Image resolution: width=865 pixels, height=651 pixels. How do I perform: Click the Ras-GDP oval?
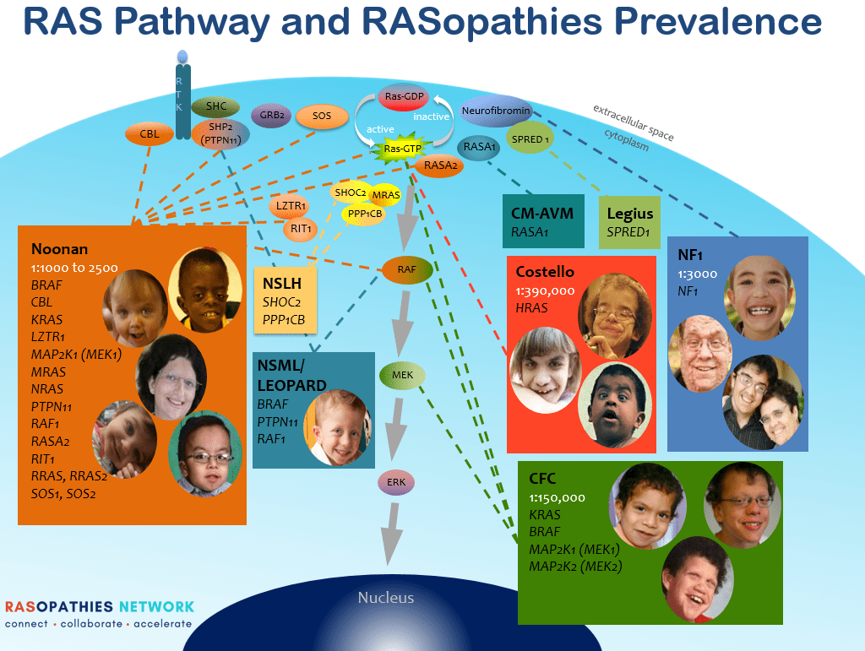coord(404,96)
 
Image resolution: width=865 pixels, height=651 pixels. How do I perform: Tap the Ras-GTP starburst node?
coord(403,149)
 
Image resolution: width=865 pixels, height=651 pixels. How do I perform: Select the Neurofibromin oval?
coord(495,111)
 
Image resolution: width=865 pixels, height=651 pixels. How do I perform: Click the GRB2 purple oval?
coord(271,116)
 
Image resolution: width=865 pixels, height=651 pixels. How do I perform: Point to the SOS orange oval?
coord(322,117)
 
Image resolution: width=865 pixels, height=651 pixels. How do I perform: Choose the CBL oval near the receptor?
coord(150,134)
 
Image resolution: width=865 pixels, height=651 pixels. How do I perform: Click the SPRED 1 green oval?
coord(530,139)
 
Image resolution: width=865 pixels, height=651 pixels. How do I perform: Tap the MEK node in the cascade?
coord(403,376)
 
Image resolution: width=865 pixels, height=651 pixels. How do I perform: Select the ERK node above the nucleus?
coord(396,483)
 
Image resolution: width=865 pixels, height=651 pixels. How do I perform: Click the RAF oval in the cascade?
coord(406,269)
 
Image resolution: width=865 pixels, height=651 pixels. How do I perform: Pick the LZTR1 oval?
coord(290,206)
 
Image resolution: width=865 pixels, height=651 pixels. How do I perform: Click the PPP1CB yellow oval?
coord(365,214)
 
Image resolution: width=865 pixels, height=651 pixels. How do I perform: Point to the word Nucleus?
coord(385,598)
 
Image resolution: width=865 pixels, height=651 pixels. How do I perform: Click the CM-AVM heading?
coord(542,214)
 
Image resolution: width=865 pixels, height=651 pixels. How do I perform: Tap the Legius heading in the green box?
coord(630,214)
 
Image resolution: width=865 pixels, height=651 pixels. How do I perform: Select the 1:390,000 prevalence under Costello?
coord(545,291)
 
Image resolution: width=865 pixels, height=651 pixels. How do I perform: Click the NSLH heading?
coord(282,284)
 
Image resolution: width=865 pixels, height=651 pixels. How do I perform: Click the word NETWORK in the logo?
coord(156,607)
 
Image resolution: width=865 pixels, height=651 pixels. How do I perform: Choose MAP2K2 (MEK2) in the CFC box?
coord(575,567)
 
